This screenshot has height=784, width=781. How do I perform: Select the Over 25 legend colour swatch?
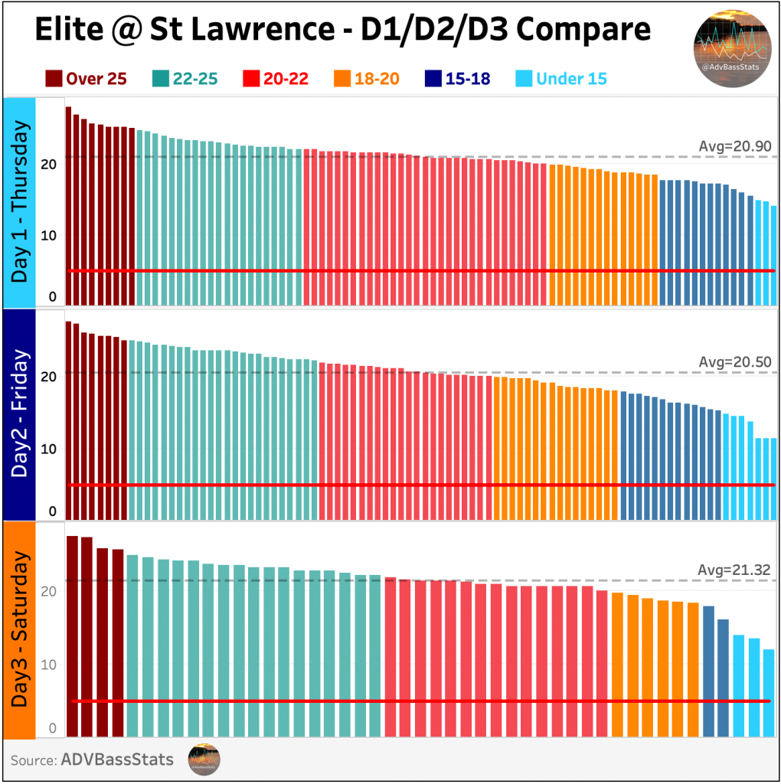pos(54,78)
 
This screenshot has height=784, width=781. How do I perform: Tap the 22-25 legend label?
pos(194,78)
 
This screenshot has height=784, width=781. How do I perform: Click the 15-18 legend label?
pos(468,78)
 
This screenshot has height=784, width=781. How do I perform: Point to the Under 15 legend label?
pos(571,78)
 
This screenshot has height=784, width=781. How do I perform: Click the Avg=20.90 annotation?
pos(734,146)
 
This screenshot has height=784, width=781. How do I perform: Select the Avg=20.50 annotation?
pos(734,362)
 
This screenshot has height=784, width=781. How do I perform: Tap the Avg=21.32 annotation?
pos(734,570)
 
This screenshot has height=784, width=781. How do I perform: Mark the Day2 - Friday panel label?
pos(21,413)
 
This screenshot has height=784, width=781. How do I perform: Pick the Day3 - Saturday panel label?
pos(21,629)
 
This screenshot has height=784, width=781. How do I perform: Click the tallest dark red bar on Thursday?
pos(68,207)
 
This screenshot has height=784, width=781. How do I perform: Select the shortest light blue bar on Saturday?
pos(768,693)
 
